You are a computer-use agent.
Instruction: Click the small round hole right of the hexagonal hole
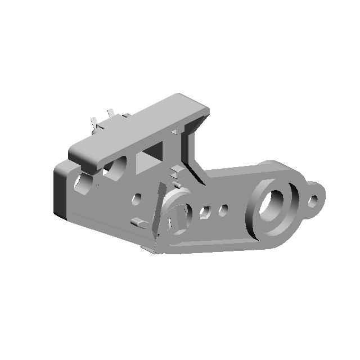[223, 210]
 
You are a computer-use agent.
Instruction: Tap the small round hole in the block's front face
[136, 199]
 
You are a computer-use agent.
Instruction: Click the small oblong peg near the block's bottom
[136, 222]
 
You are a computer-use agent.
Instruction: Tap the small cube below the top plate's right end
[176, 169]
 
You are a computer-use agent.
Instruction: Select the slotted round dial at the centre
[178, 211]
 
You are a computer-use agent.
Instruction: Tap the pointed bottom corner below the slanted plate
[151, 249]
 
